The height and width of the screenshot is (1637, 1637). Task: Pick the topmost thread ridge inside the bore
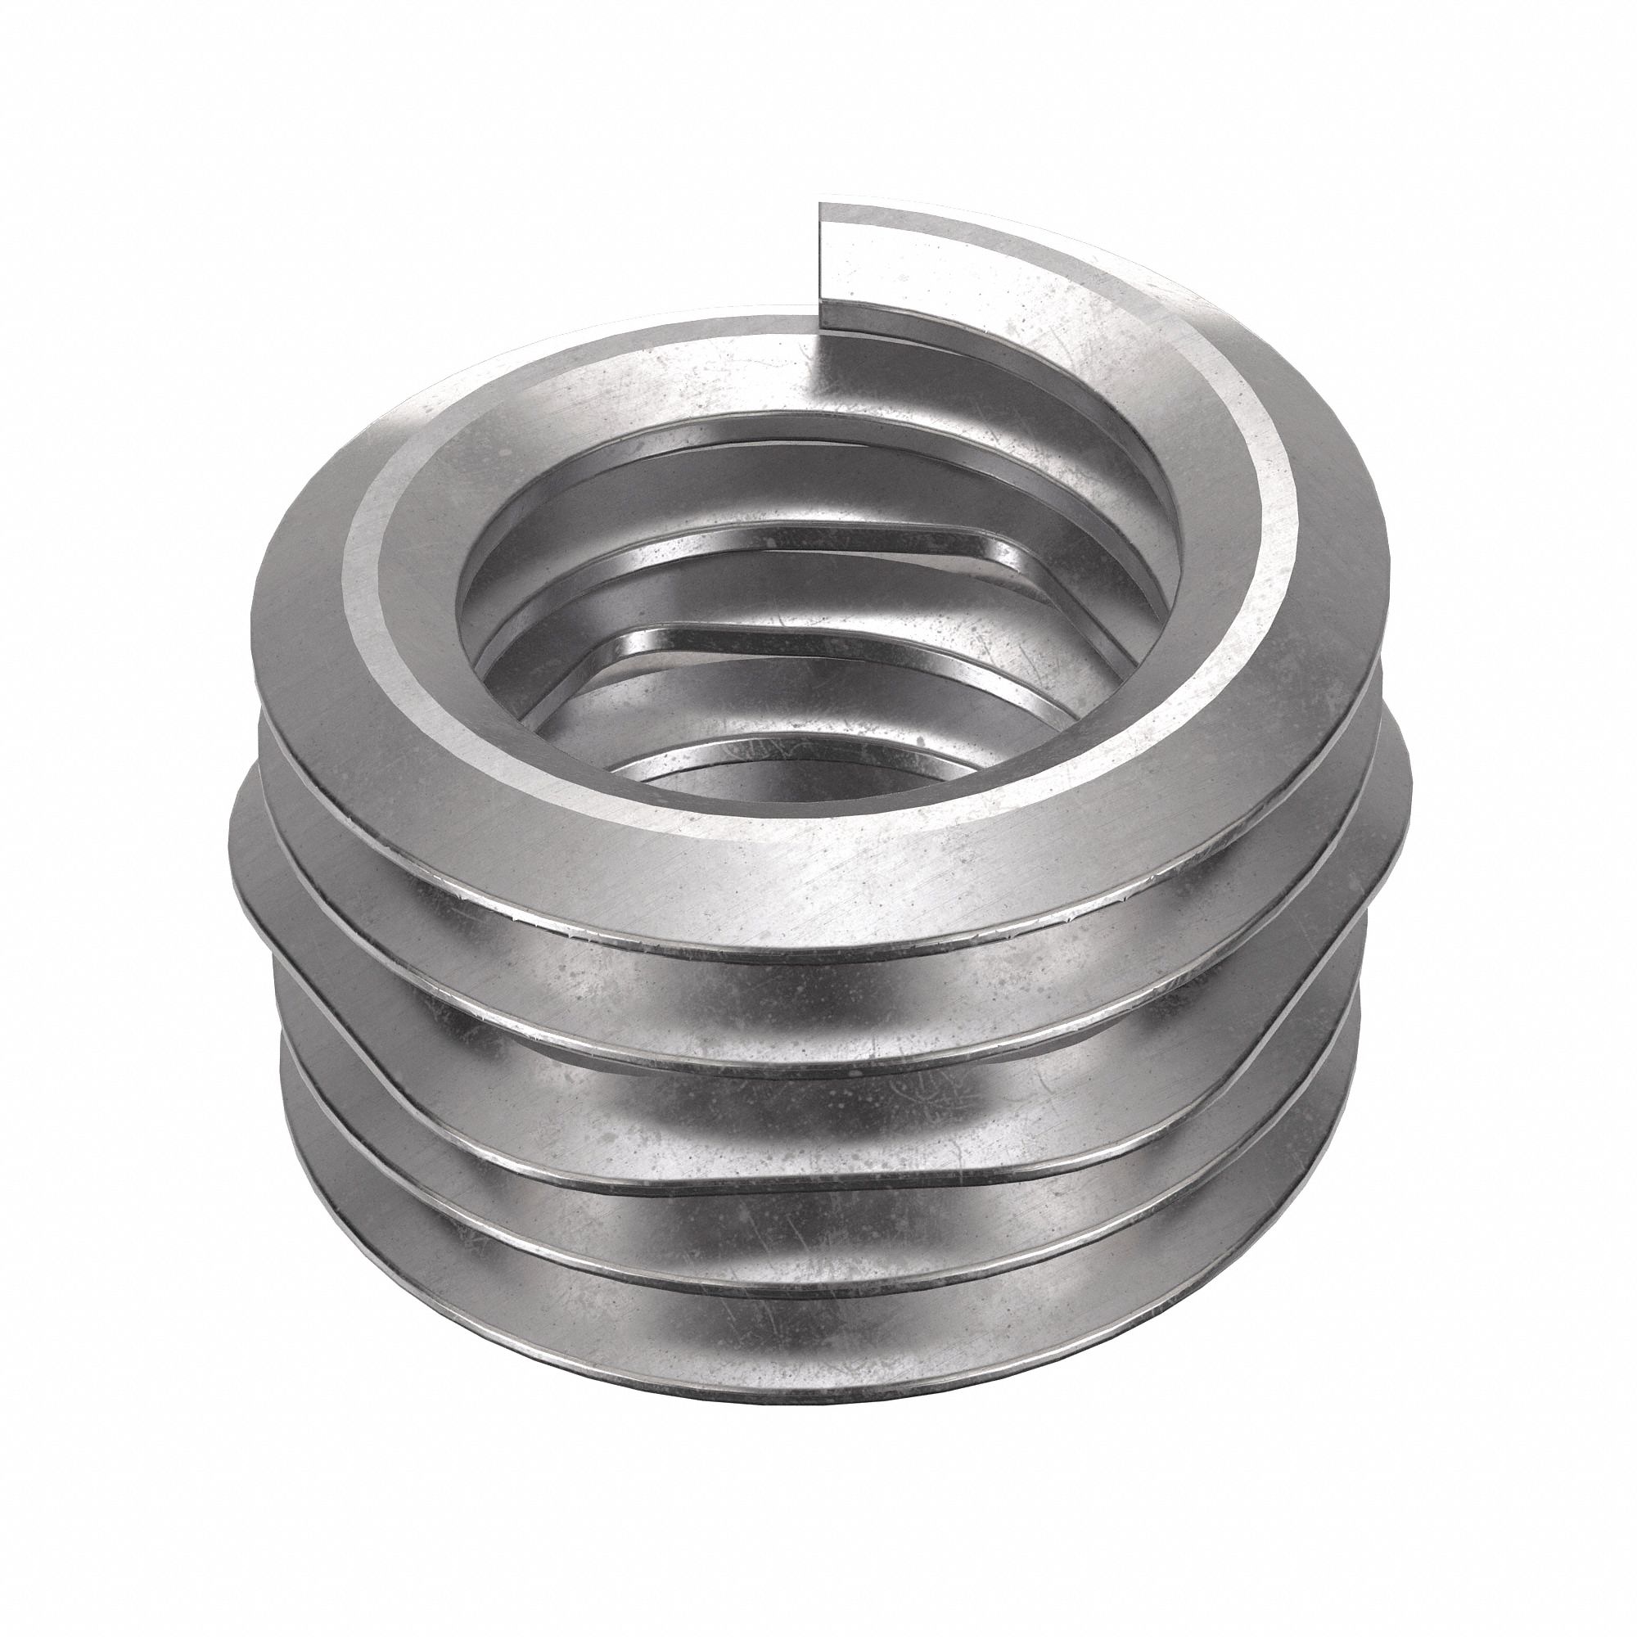pos(763,440)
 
